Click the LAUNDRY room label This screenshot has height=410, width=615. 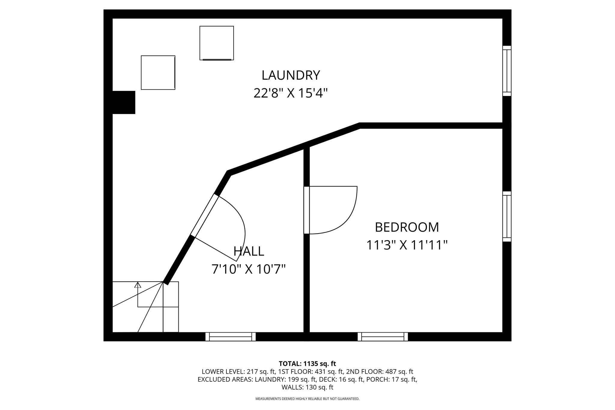click(x=291, y=75)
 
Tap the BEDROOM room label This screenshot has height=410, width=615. click(x=407, y=227)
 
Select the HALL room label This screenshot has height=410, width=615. click(x=249, y=251)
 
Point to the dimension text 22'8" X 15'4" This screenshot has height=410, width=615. click(x=290, y=93)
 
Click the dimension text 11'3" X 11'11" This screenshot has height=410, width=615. click(x=407, y=245)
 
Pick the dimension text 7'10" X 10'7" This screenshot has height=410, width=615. click(x=248, y=269)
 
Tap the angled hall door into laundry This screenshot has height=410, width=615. click(x=204, y=216)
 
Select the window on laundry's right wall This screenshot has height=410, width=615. click(x=507, y=71)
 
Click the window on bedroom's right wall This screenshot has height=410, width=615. click(x=507, y=216)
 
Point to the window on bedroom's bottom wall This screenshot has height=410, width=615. click(x=383, y=336)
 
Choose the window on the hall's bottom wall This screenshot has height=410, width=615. click(x=230, y=336)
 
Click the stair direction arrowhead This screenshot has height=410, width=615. click(x=138, y=285)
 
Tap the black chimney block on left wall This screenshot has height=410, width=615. click(x=124, y=102)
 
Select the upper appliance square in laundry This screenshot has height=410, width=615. click(x=217, y=43)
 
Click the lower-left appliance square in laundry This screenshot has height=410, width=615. click(x=158, y=72)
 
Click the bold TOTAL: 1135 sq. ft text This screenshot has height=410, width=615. click(x=307, y=364)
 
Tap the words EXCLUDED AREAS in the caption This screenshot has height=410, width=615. click(x=225, y=379)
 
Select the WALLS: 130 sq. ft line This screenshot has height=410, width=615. click(x=307, y=387)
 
